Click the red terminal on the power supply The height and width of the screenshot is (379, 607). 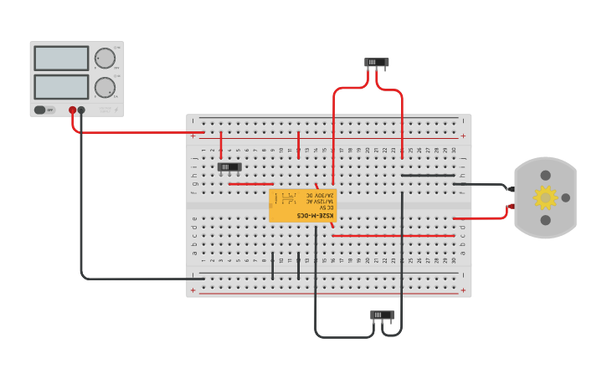(x=73, y=110)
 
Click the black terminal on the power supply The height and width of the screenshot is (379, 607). (x=81, y=110)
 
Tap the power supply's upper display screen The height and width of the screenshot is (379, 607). (x=61, y=59)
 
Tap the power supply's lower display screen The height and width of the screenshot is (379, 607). (x=61, y=86)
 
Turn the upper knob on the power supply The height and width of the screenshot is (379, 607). (x=105, y=58)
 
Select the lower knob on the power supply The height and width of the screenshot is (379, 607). (x=105, y=87)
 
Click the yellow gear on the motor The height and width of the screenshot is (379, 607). (x=545, y=197)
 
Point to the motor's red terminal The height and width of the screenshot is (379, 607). (x=511, y=205)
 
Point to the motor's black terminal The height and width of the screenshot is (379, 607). (x=511, y=190)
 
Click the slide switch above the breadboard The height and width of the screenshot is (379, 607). (x=377, y=62)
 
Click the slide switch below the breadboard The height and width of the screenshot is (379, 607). (x=382, y=315)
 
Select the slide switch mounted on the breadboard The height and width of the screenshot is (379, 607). (x=229, y=166)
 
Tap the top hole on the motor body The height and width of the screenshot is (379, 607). (x=546, y=176)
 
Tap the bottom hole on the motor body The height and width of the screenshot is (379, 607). (x=546, y=220)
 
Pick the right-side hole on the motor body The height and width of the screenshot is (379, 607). (x=565, y=197)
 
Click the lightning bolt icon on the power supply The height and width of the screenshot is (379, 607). (x=116, y=110)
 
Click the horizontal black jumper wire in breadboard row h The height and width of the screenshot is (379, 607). (x=427, y=176)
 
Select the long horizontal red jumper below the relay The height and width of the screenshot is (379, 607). (x=394, y=236)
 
